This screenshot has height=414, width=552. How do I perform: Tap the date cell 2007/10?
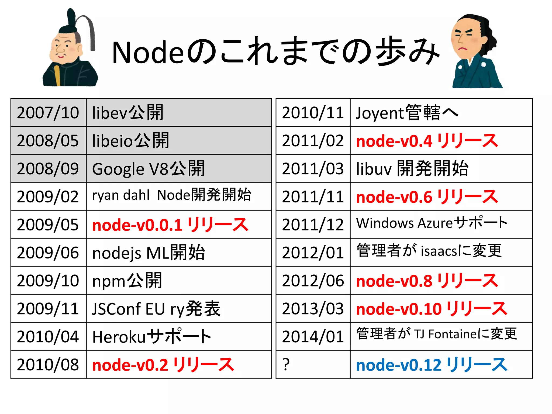pyautogui.click(x=48, y=113)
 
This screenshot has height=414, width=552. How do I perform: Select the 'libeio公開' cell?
pyautogui.click(x=130, y=141)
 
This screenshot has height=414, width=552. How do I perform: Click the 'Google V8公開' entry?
pyautogui.click(x=148, y=169)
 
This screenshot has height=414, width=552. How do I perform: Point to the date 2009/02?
pyautogui.click(x=48, y=196)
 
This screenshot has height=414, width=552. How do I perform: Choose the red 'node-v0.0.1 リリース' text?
pyautogui.click(x=170, y=225)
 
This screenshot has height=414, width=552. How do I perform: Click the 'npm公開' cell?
pyautogui.click(x=127, y=281)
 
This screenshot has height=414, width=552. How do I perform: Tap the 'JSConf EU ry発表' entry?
pyautogui.click(x=156, y=309)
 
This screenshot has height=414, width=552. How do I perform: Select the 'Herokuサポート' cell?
pyautogui.click(x=152, y=337)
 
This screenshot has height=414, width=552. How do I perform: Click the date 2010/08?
pyautogui.click(x=48, y=365)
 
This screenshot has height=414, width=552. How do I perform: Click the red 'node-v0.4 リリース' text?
pyautogui.click(x=427, y=141)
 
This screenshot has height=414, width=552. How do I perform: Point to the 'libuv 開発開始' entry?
pyautogui.click(x=412, y=169)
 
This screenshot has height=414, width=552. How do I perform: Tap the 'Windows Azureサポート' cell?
pyautogui.click(x=432, y=223)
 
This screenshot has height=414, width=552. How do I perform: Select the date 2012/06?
pyautogui.click(x=313, y=281)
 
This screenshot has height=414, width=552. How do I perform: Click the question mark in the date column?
pyautogui.click(x=286, y=365)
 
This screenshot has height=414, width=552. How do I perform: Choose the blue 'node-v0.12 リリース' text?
pyautogui.click(x=432, y=365)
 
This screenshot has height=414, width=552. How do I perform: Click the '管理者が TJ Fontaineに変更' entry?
pyautogui.click(x=436, y=334)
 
